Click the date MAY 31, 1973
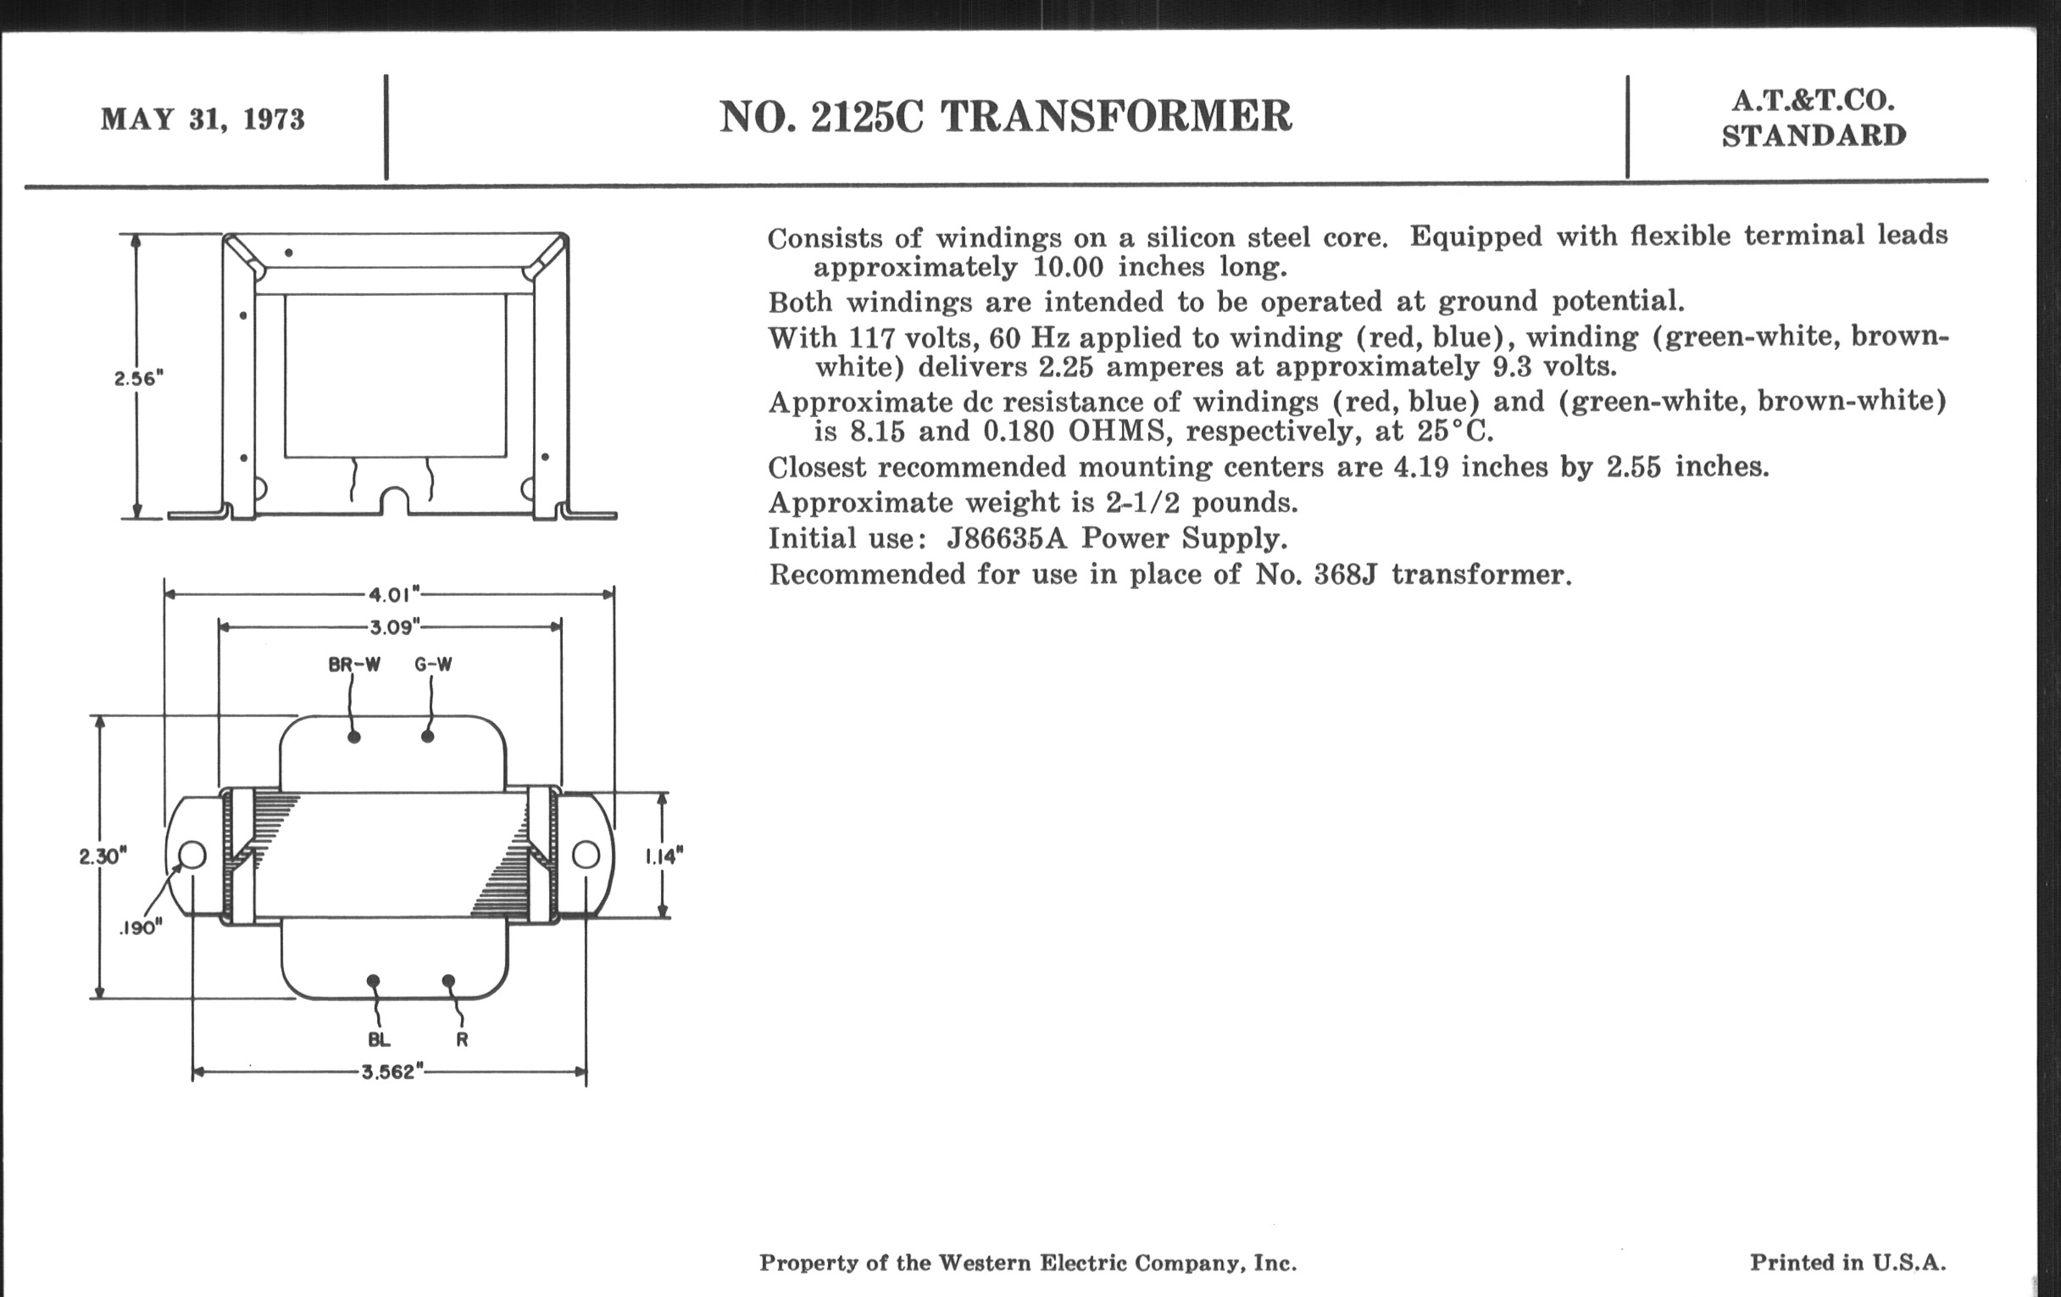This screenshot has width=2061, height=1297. tap(203, 119)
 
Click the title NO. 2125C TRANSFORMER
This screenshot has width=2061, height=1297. tap(1005, 117)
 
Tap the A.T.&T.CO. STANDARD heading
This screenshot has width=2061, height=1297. tap(1814, 118)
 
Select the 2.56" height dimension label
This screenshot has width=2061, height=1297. tap(139, 378)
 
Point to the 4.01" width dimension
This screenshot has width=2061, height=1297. tap(394, 593)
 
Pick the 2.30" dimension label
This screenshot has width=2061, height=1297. tap(103, 856)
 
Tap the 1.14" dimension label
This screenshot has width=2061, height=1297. tap(664, 856)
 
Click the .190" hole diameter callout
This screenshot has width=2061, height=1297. tap(141, 928)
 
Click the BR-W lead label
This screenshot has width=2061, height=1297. tap(354, 665)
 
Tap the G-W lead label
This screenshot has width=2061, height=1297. tap(433, 665)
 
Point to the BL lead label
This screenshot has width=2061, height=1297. tap(379, 1040)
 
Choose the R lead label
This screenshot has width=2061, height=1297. tap(462, 1040)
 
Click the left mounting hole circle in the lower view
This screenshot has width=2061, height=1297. tap(192, 854)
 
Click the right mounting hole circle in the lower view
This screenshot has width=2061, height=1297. tap(586, 854)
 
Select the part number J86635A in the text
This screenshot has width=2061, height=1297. tap(1007, 538)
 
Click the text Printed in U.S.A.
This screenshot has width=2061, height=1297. tap(1848, 1263)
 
